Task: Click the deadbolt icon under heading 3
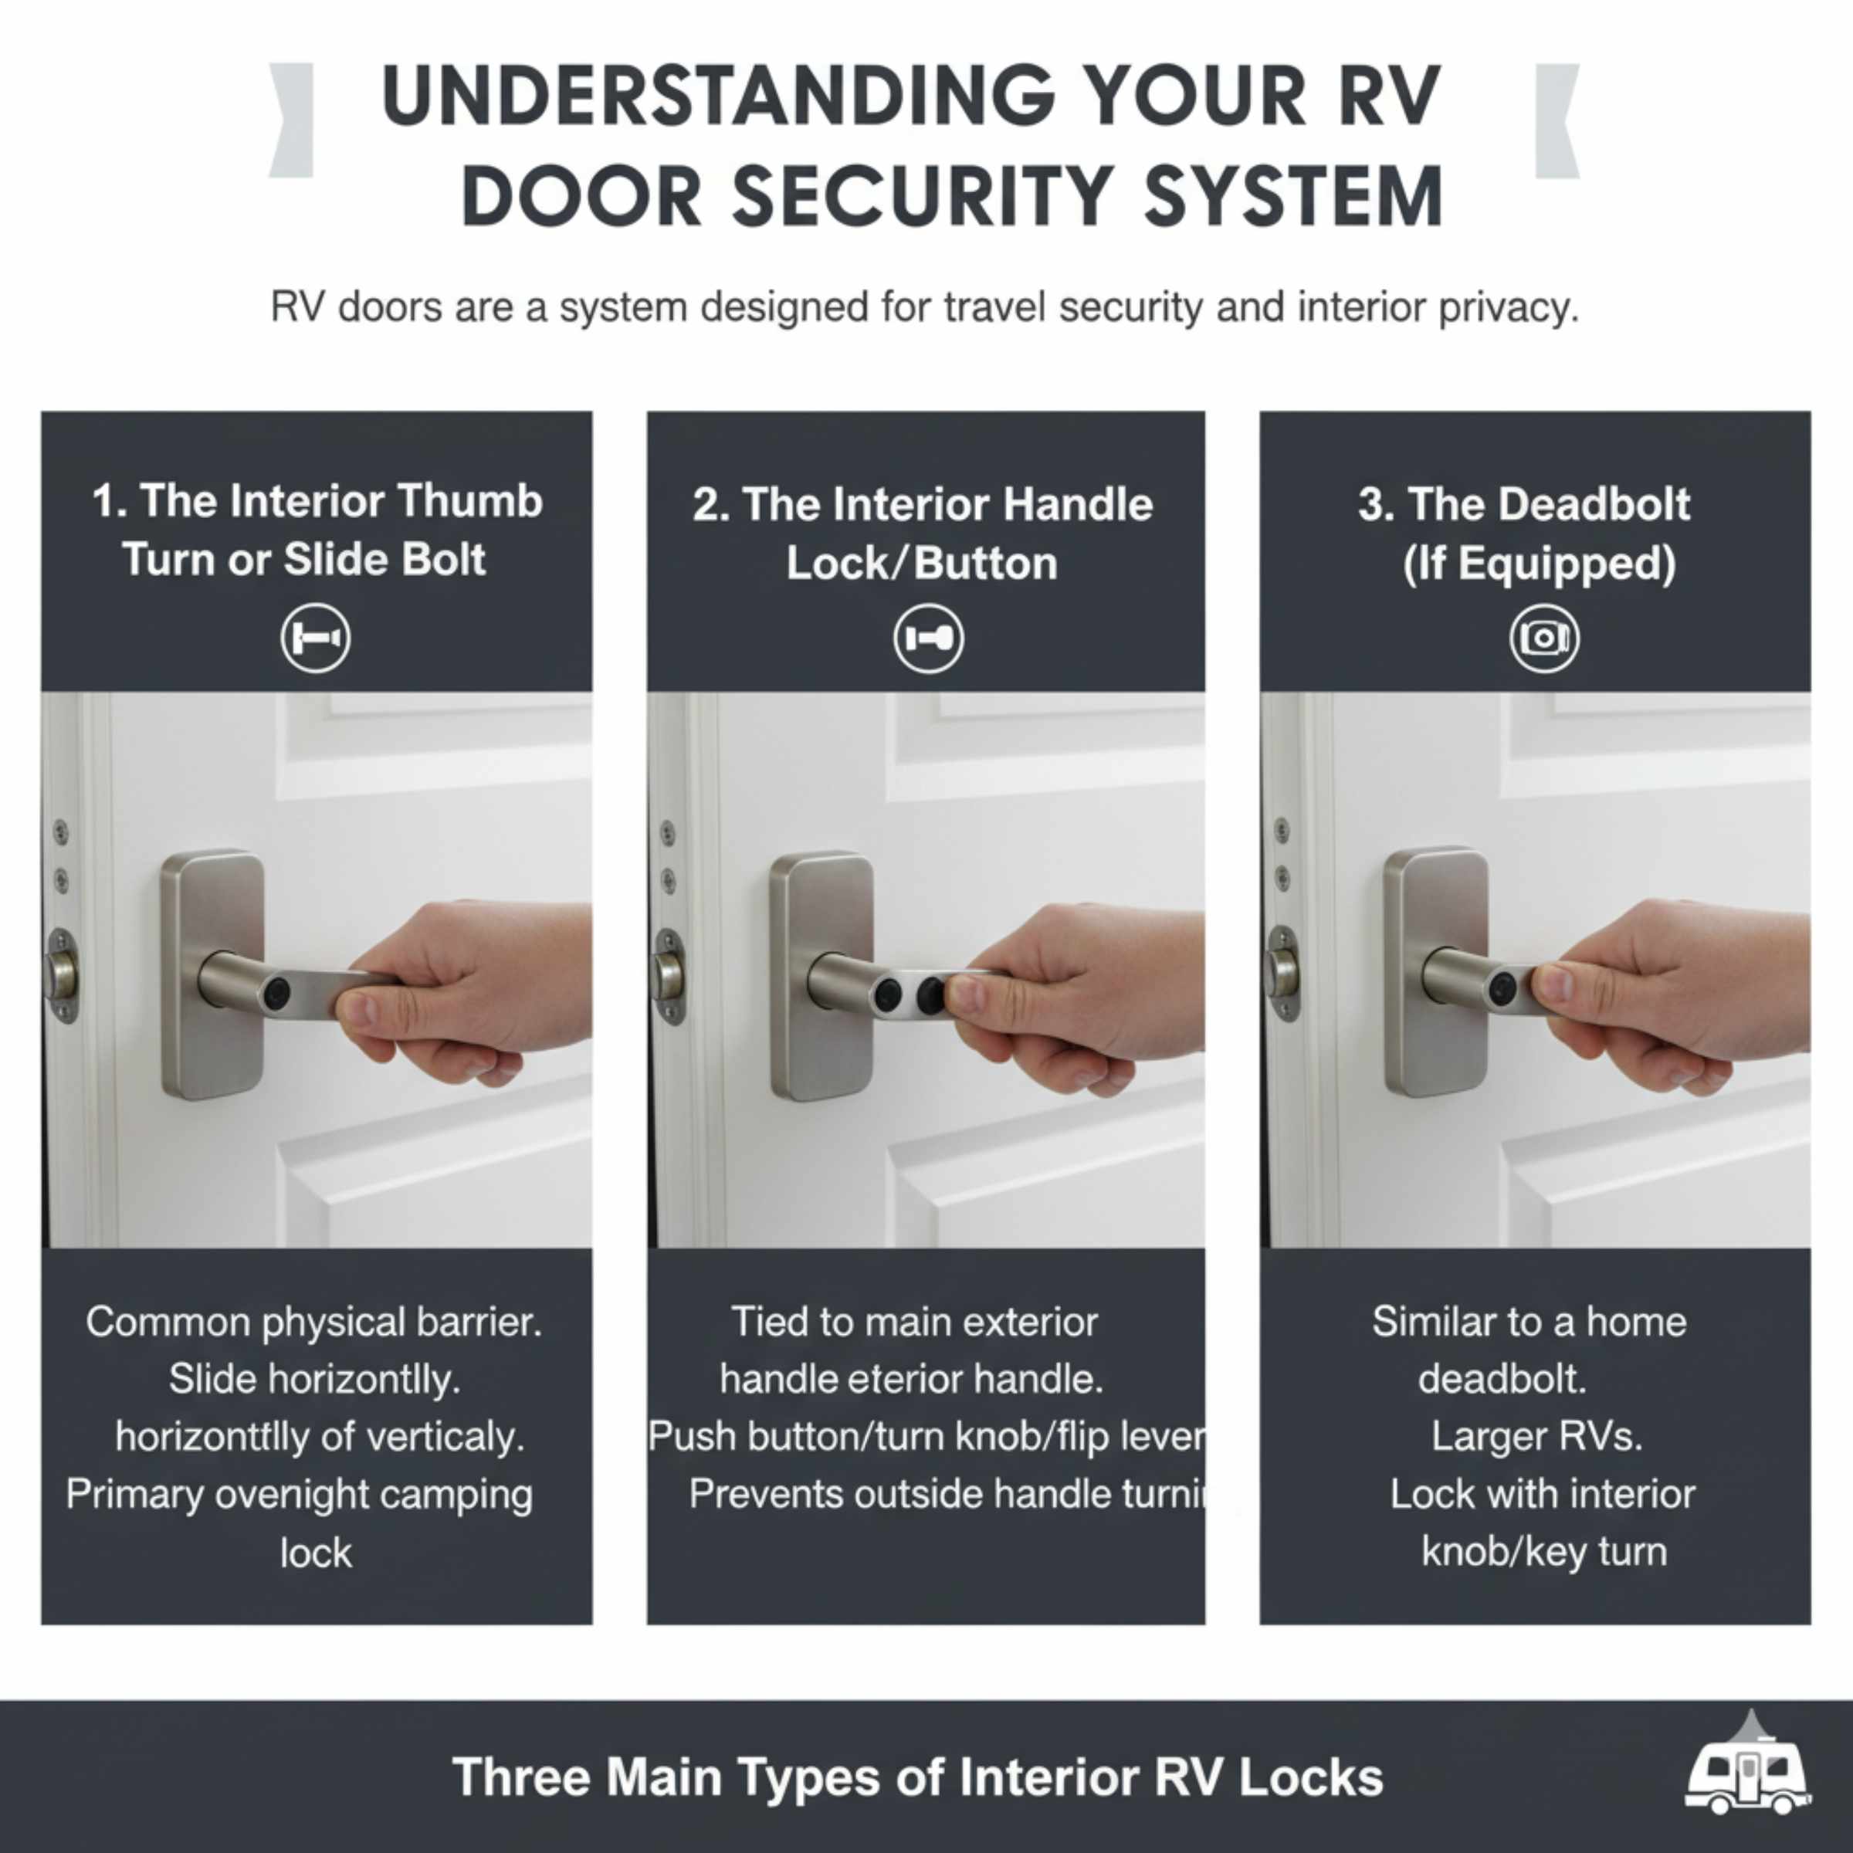click(x=1543, y=638)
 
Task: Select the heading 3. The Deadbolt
click(x=1524, y=504)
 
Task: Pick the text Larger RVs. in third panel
click(x=1536, y=1437)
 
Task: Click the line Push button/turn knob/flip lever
click(x=926, y=1437)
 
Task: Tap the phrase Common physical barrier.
click(x=313, y=1322)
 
